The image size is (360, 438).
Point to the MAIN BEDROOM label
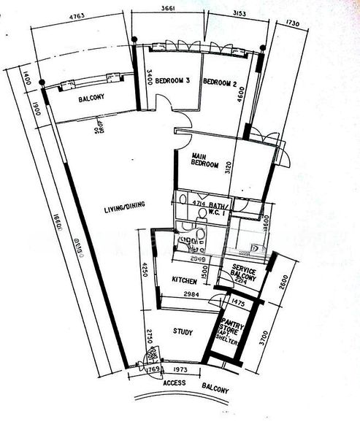[x=205, y=161]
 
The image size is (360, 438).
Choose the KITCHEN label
[x=186, y=280]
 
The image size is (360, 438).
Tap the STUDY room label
[x=183, y=333]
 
